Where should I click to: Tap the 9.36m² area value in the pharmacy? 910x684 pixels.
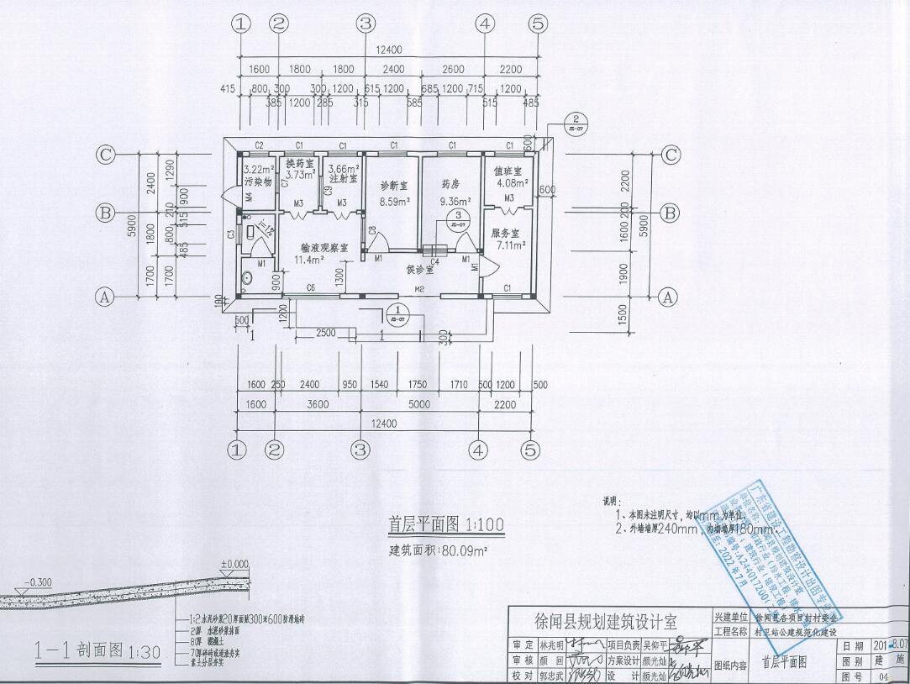tap(455, 202)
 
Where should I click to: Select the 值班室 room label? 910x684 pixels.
tap(508, 170)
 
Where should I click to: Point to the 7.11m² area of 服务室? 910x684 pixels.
tap(510, 245)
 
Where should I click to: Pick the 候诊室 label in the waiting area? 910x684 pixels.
tap(419, 271)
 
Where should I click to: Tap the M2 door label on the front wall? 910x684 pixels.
tap(420, 289)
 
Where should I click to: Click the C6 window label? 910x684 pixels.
tap(311, 288)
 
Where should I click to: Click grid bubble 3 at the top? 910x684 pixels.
tap(364, 24)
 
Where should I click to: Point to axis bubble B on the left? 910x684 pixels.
tap(105, 213)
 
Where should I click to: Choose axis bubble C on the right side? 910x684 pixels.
tap(671, 155)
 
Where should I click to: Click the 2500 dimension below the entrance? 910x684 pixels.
tap(326, 334)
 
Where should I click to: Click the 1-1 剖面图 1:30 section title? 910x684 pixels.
tap(78, 650)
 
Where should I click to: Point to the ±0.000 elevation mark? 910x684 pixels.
tap(235, 564)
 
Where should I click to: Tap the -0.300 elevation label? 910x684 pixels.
tap(39, 581)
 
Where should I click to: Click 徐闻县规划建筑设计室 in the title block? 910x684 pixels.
tap(606, 622)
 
